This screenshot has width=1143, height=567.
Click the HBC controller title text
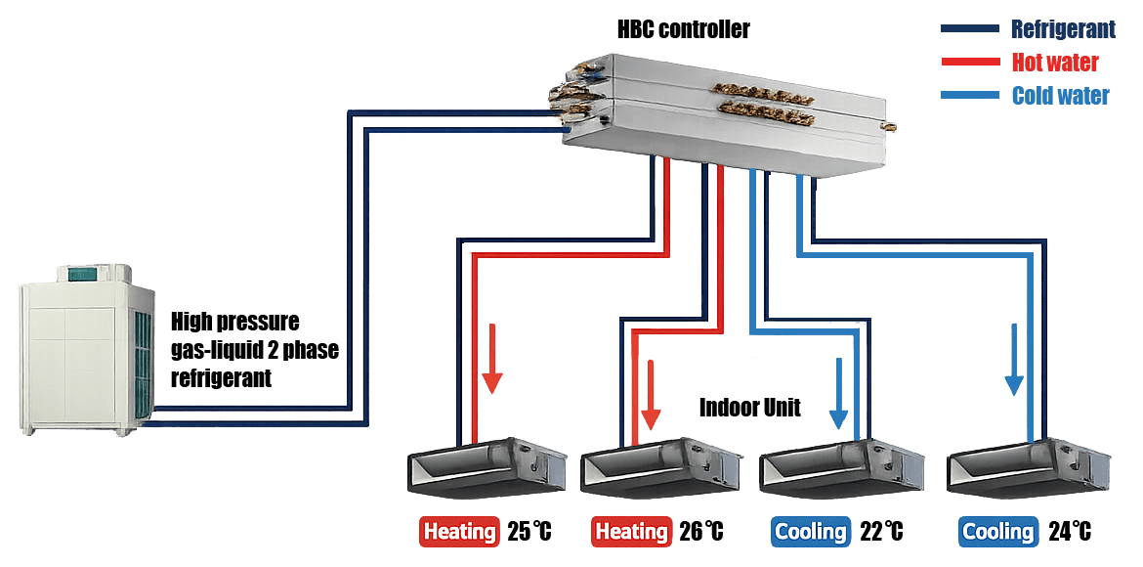point(683,29)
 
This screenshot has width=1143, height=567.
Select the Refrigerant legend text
point(1063,29)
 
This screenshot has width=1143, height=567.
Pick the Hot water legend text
point(1055,63)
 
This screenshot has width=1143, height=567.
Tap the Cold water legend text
point(1060,96)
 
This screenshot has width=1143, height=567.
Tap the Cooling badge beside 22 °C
point(810,532)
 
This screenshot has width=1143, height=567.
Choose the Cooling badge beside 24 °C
point(997,532)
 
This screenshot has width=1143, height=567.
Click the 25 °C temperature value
point(529,532)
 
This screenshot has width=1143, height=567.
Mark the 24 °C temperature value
point(1070,532)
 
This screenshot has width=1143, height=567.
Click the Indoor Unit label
point(749,408)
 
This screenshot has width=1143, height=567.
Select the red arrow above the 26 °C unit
point(649,396)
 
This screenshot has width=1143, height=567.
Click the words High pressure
point(234,322)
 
